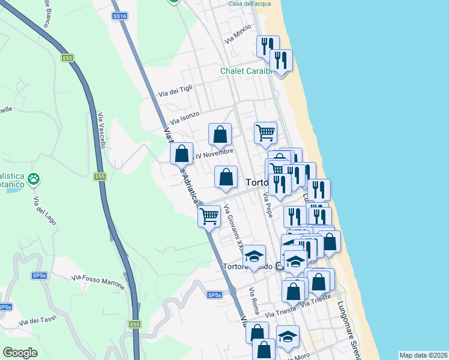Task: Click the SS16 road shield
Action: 119,17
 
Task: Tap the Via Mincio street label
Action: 238,37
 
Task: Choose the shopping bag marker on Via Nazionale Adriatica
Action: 181,154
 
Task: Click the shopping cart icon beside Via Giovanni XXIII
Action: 209,216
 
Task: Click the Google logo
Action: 20,353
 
